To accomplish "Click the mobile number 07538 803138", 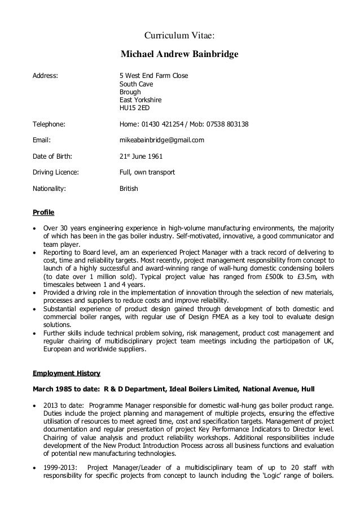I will [x=228, y=124].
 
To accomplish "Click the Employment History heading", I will [x=66, y=373].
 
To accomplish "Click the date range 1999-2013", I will [x=62, y=467].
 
